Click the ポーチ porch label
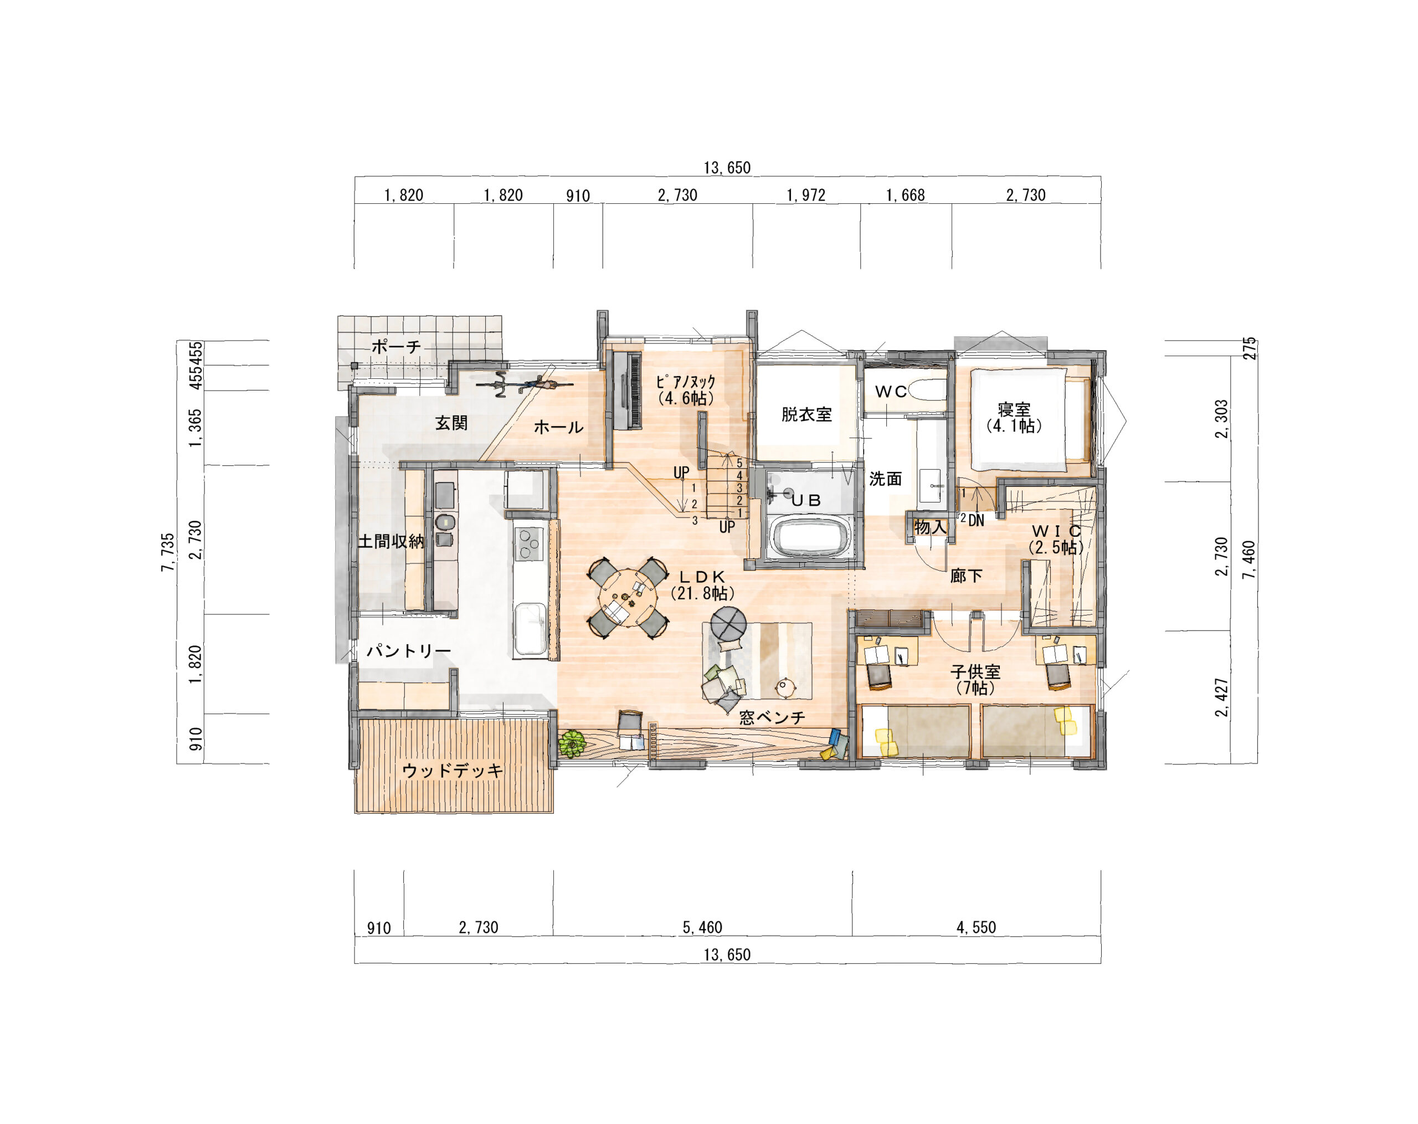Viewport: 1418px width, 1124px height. [x=396, y=347]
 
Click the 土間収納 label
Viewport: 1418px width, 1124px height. [x=391, y=541]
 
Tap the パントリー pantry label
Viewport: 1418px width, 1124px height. [x=408, y=651]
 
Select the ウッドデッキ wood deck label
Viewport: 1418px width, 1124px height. [x=453, y=770]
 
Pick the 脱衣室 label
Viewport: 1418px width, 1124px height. [x=806, y=414]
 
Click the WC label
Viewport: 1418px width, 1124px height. [x=891, y=392]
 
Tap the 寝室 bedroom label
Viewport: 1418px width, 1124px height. [x=1014, y=410]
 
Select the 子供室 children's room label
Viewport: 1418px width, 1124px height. [x=975, y=672]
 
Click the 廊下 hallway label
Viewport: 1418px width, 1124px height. [x=966, y=576]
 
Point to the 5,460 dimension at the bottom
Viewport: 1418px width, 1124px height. [x=702, y=927]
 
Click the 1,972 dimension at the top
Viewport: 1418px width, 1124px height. [x=806, y=196]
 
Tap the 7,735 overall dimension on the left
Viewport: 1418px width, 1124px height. [x=168, y=552]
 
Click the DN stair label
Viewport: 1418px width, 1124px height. [x=976, y=520]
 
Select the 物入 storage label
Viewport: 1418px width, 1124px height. [x=931, y=527]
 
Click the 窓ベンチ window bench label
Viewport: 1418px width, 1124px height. [x=772, y=717]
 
